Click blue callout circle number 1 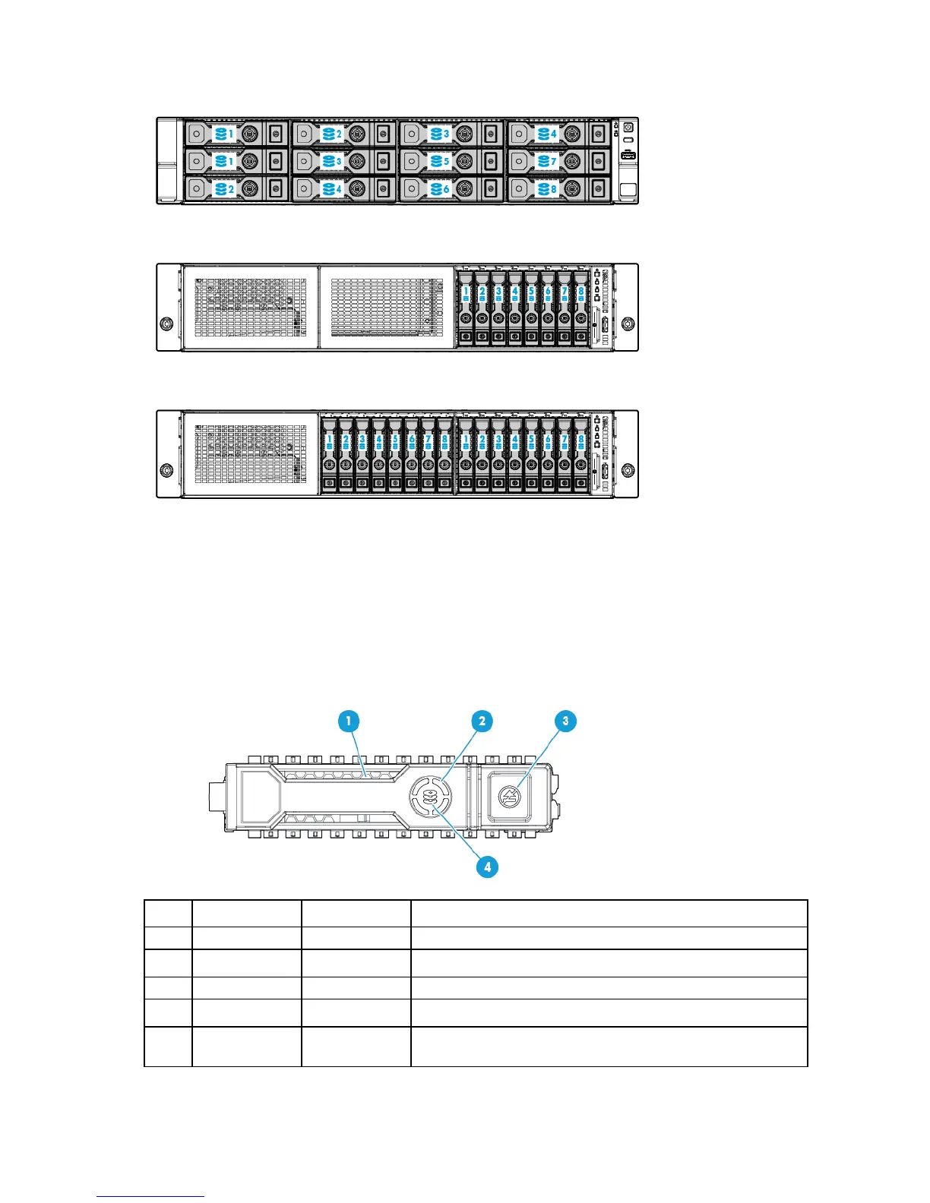click(348, 721)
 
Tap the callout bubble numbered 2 click(481, 721)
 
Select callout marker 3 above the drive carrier click(565, 721)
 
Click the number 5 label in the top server click(446, 162)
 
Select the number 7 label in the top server click(553, 162)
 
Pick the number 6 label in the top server click(446, 189)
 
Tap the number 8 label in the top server click(553, 189)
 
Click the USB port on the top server click(628, 156)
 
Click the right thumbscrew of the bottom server click(628, 469)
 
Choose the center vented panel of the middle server click(386, 307)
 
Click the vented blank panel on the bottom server click(250, 453)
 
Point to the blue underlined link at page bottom click(150, 1197)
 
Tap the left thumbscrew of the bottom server click(166, 469)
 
